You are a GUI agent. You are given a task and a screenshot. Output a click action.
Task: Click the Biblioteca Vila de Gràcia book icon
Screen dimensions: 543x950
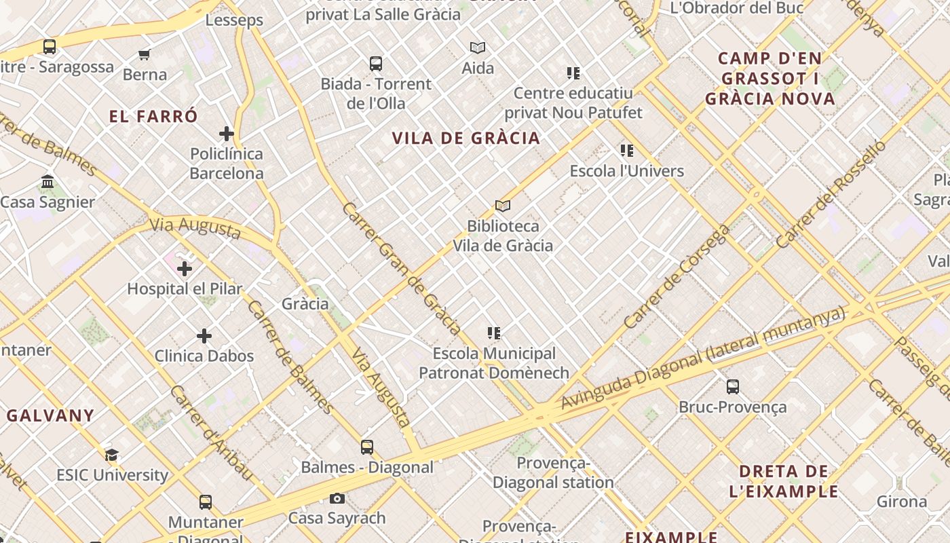click(502, 206)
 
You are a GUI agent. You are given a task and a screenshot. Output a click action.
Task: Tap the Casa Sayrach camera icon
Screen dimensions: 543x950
click(337, 499)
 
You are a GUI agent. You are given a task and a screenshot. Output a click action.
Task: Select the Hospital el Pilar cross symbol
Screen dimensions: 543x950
click(185, 269)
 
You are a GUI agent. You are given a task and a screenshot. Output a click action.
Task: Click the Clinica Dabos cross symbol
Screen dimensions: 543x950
click(204, 336)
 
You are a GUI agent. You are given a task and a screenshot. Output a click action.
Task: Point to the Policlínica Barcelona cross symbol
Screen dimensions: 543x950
click(227, 134)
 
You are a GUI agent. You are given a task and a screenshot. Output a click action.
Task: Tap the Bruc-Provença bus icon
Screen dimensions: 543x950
click(733, 387)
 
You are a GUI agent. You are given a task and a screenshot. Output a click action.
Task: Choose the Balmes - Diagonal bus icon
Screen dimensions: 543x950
click(367, 447)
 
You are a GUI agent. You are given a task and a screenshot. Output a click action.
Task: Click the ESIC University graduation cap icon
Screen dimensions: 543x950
click(112, 455)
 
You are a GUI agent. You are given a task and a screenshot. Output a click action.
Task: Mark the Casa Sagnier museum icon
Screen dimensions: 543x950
click(47, 182)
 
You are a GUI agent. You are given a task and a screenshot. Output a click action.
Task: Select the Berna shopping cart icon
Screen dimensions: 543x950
click(144, 54)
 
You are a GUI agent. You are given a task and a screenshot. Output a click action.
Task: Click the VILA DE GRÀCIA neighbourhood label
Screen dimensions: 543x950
click(466, 138)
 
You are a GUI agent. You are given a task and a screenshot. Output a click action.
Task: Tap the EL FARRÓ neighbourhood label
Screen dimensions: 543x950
click(153, 116)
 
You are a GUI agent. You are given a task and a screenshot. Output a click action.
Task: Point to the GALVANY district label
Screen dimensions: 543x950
click(50, 415)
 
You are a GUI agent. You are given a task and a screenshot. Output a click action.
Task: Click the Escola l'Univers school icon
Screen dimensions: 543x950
click(626, 151)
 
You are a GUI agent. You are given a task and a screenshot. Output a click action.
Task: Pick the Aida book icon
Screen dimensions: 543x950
click(478, 48)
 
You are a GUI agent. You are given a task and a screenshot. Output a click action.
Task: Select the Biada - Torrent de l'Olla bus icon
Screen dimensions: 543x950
click(376, 64)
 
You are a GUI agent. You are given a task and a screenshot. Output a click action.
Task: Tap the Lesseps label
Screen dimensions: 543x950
click(234, 20)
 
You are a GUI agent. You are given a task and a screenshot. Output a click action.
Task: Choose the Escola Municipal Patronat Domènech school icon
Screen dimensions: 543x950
click(494, 333)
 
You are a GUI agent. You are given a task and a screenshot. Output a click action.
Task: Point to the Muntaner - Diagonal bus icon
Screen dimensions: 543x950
click(206, 502)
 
